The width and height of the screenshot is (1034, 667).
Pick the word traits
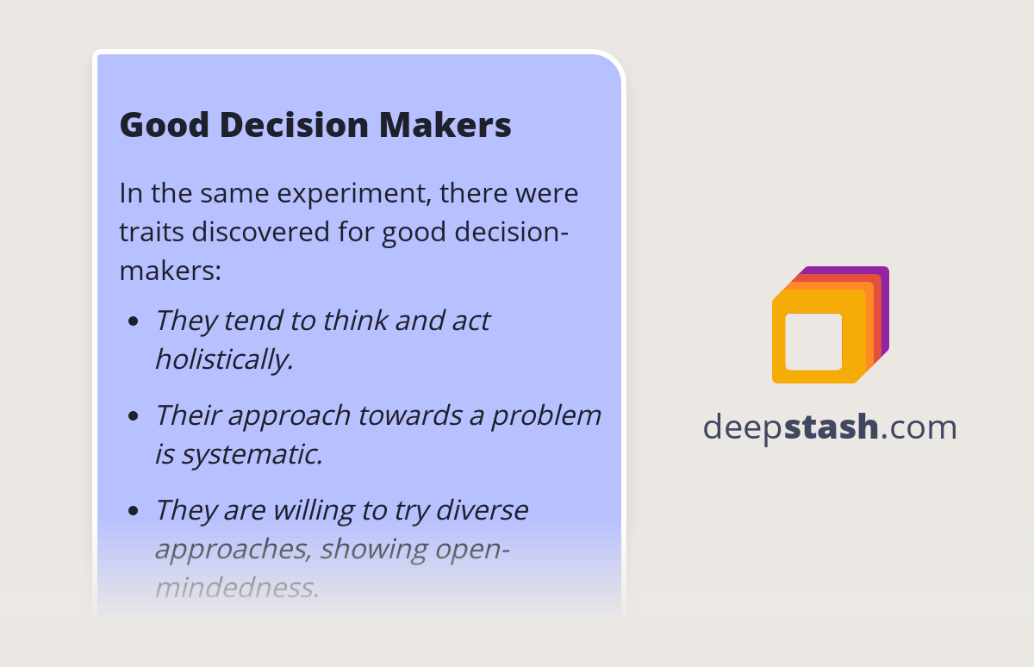coord(151,232)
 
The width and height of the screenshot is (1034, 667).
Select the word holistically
coord(224,359)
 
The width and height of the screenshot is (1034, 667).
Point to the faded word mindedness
coord(237,588)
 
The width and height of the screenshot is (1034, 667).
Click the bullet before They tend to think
coord(133,322)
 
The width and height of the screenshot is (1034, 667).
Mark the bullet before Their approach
coord(133,416)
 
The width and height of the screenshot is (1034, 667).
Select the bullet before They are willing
coord(133,511)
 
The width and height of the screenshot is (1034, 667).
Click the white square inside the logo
coord(813,341)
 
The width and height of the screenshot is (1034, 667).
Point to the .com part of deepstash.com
coord(919,427)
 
